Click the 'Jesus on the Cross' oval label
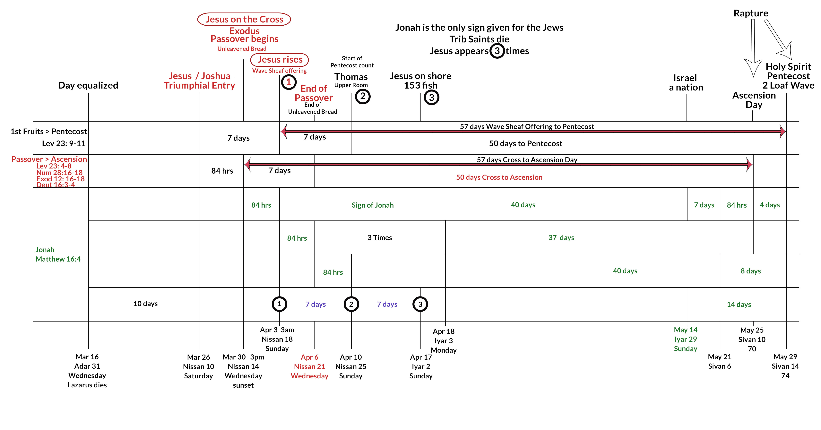click(x=244, y=19)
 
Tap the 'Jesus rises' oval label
click(x=280, y=60)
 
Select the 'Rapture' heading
click(x=751, y=13)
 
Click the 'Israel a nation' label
click(x=686, y=82)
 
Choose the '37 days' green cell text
click(x=561, y=237)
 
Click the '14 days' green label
click(x=739, y=304)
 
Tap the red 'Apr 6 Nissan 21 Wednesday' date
click(x=309, y=366)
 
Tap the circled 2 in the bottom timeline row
click(x=351, y=304)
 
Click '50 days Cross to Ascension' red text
click(x=499, y=177)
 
